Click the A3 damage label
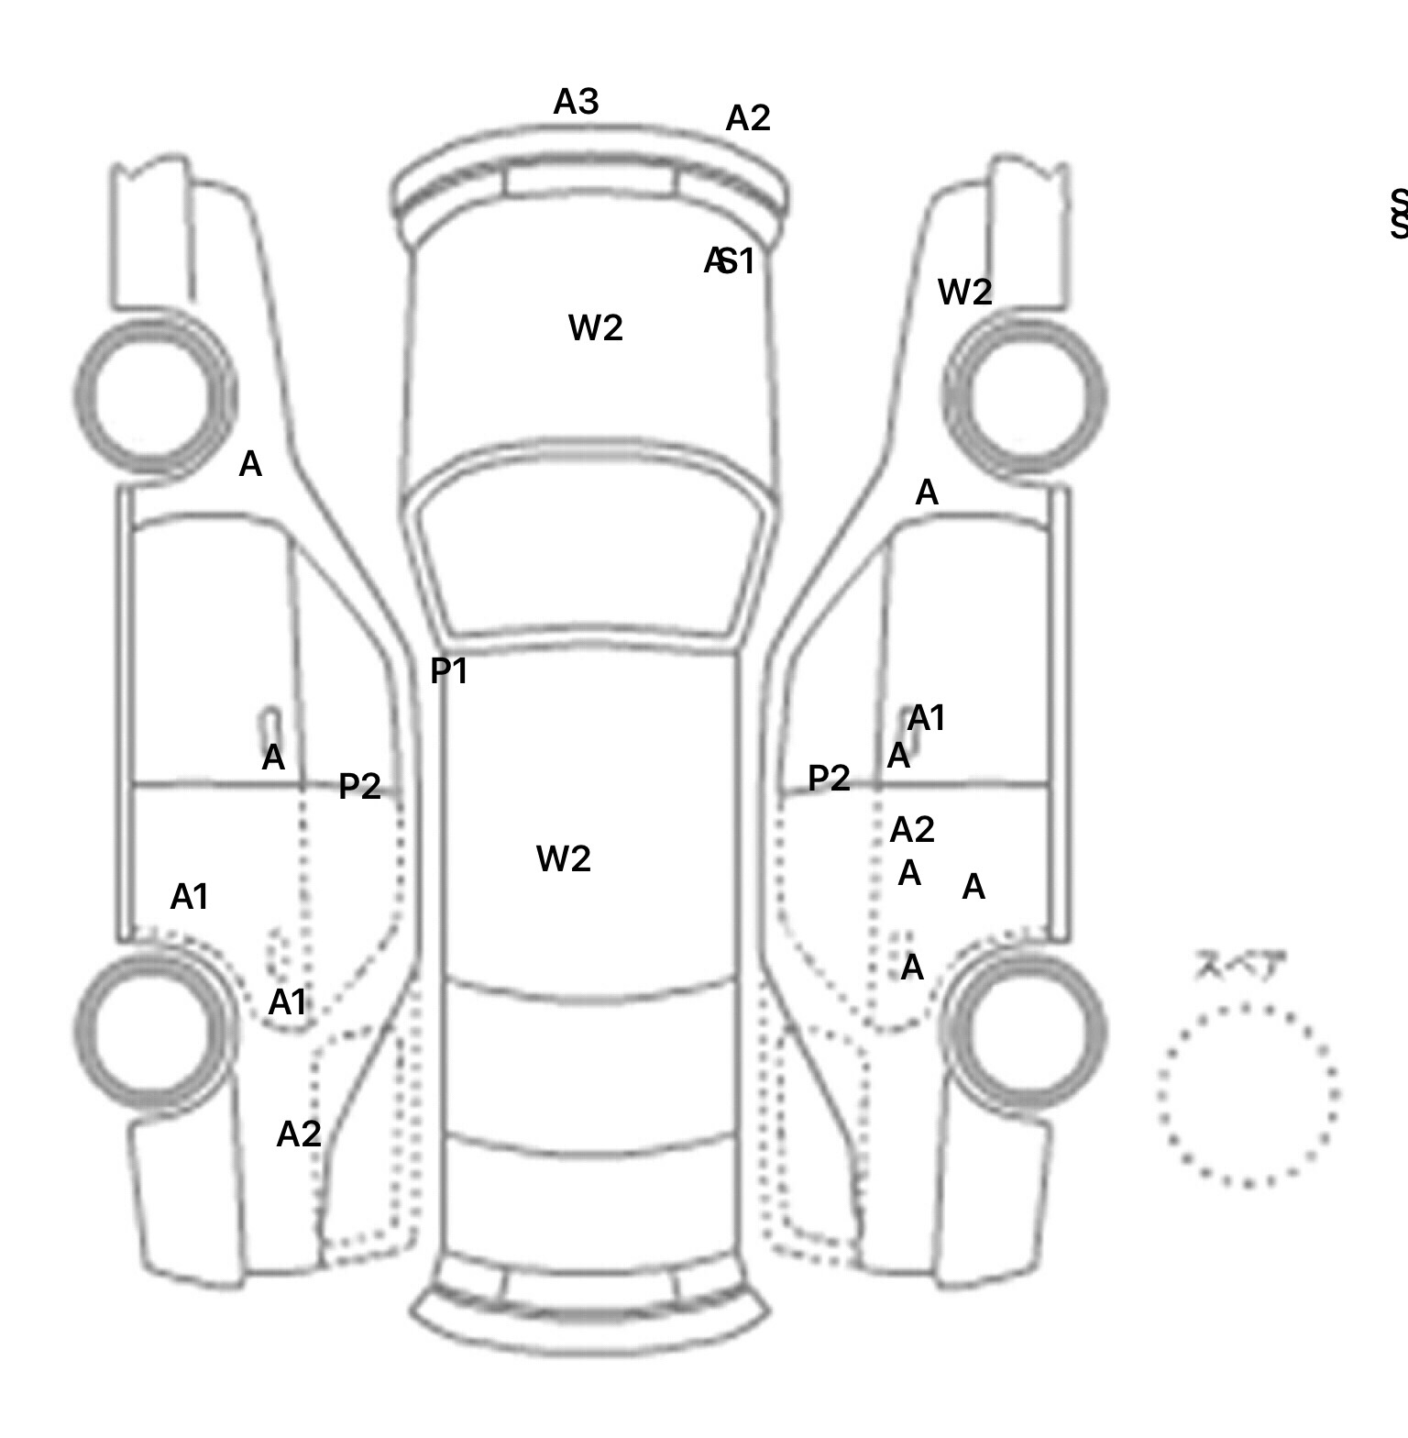[576, 102]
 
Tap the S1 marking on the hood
[737, 261]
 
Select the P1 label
[449, 672]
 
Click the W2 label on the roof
[563, 859]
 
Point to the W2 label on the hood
[596, 327]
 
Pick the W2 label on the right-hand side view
[964, 293]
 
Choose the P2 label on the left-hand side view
[359, 786]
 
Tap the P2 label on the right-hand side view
[829, 779]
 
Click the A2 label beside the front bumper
[748, 118]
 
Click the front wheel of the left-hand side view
[154, 396]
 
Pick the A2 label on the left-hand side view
[299, 1134]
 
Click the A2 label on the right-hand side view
[912, 830]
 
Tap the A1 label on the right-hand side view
[926, 718]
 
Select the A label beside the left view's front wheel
[250, 465]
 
